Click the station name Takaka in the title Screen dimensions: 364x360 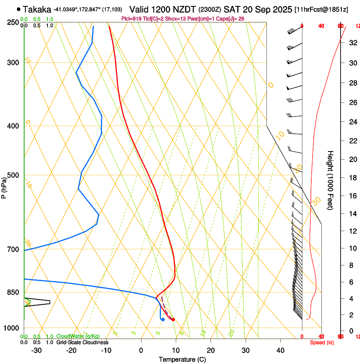pos(38,9)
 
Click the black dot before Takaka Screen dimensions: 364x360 pos(19,9)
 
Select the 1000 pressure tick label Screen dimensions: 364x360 pos(12,328)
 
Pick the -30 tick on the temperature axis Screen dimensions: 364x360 pos(37,350)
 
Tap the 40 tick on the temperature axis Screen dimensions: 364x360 pos(280,350)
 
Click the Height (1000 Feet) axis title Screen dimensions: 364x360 pos(330,180)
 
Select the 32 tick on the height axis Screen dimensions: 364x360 pos(352,42)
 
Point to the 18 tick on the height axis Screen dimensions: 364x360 pos(352,178)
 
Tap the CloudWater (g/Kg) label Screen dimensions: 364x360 pos(73,336)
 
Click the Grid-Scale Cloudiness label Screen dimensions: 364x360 pos(82,342)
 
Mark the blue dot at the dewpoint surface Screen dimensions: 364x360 pos(163,319)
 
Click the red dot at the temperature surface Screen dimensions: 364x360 pos(173,320)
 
